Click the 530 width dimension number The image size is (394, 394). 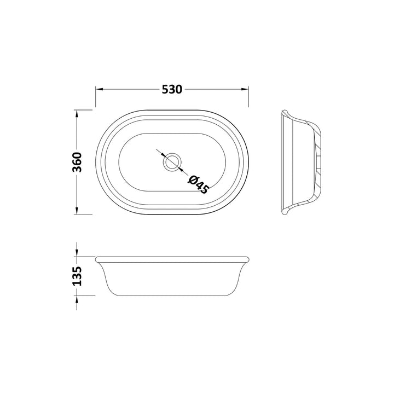[x=171, y=89]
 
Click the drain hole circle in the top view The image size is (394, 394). [x=172, y=162]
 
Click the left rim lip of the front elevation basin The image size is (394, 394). [x=97, y=258]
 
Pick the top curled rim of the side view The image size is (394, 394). [x=285, y=113]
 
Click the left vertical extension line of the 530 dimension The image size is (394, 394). [x=96, y=97]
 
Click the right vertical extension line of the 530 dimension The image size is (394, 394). [x=248, y=97]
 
